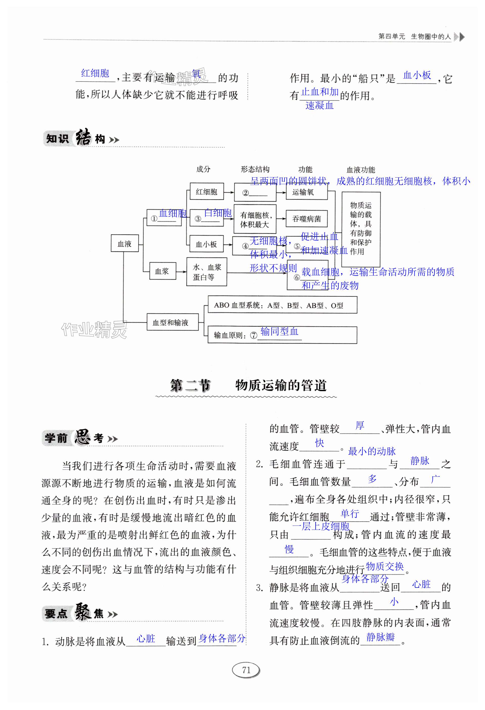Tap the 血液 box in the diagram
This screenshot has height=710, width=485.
[x=124, y=243]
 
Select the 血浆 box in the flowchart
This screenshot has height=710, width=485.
[x=162, y=271]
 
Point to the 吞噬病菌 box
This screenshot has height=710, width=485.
[x=306, y=219]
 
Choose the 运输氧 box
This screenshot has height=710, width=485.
[x=306, y=192]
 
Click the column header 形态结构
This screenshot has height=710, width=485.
[x=255, y=169]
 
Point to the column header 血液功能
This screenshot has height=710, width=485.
[x=361, y=170]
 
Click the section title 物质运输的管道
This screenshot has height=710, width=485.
[x=281, y=385]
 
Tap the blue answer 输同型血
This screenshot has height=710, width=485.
[x=279, y=331]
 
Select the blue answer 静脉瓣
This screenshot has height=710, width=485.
[x=380, y=637]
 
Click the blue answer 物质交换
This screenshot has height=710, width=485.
[x=385, y=566]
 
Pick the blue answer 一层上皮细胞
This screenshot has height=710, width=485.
[x=320, y=526]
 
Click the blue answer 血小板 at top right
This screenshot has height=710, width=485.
[x=417, y=75]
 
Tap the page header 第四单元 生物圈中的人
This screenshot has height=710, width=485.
[x=414, y=37]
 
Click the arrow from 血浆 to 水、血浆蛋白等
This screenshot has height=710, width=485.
[x=181, y=271]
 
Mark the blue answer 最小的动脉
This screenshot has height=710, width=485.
[x=371, y=451]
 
